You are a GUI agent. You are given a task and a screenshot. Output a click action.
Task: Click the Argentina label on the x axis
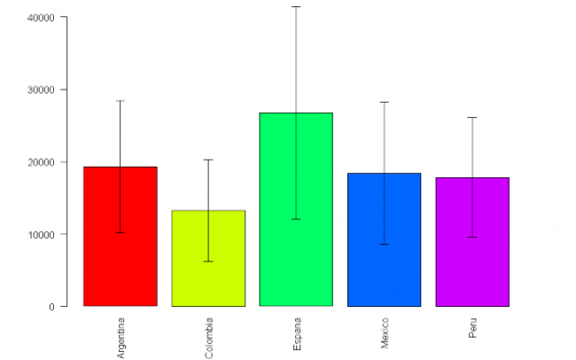[121, 337]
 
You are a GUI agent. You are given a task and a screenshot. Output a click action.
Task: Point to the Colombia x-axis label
[209, 338]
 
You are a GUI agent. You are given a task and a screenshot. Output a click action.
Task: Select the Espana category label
[297, 333]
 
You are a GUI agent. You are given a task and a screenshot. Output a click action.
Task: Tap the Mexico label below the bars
[385, 333]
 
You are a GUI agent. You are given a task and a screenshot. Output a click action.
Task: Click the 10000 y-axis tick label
[39, 234]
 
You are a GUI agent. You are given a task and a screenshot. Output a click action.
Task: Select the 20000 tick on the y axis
[39, 162]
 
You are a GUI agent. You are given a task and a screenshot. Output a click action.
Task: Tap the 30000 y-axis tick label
[39, 90]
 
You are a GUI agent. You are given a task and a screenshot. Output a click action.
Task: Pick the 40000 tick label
[39, 18]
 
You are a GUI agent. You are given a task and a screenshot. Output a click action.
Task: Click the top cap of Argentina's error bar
[121, 101]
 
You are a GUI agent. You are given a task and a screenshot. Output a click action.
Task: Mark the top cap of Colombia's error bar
[208, 160]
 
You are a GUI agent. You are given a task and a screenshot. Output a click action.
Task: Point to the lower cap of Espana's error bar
[296, 219]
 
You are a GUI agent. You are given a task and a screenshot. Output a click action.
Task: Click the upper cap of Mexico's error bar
[384, 102]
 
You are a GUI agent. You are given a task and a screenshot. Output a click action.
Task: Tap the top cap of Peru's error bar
[472, 117]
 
